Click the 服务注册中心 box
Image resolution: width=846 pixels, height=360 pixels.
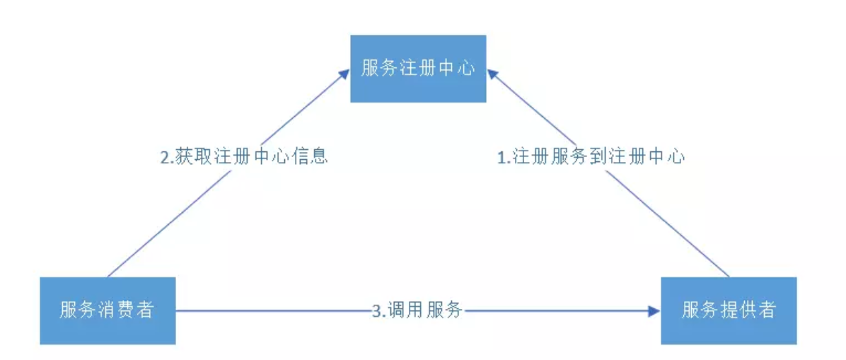(418, 68)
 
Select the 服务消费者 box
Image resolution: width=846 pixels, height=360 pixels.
(107, 310)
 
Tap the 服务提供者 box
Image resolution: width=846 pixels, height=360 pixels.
(729, 310)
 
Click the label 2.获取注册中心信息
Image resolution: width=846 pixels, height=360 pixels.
(244, 156)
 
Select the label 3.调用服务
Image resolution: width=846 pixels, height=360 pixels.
(417, 310)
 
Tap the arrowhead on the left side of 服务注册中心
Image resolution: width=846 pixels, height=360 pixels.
(344, 71)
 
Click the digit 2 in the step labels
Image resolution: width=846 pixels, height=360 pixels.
(165, 156)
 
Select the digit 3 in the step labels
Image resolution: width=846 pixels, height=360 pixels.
(376, 310)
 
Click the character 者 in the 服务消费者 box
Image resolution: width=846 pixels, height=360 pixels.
(144, 310)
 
